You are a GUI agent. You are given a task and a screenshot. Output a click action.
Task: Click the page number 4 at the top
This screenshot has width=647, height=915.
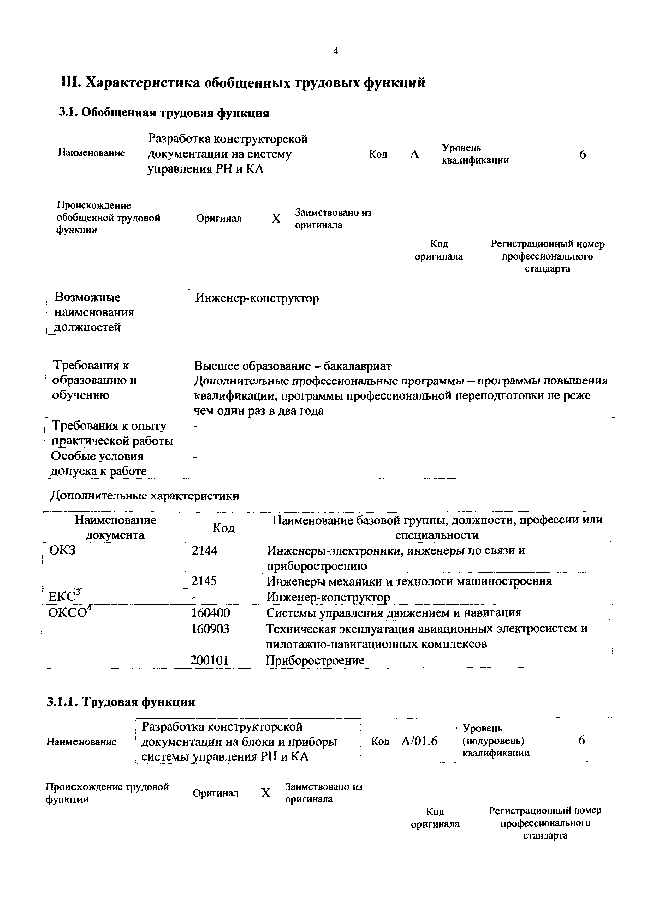(335, 51)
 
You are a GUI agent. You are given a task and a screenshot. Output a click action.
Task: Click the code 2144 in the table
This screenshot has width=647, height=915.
(205, 550)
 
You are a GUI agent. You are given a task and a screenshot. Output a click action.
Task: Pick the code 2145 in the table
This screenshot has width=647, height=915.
(205, 581)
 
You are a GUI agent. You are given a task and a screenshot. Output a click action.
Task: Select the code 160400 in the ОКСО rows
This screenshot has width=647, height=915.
(210, 612)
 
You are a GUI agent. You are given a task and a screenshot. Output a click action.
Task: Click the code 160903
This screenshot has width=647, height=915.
(210, 628)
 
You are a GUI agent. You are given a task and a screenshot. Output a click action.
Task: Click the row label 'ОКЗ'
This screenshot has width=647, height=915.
(62, 550)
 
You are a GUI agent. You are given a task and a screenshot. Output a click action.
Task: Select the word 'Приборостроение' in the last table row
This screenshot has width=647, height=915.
(315, 660)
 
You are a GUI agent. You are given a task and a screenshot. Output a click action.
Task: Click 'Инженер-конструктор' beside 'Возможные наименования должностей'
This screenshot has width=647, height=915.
(257, 298)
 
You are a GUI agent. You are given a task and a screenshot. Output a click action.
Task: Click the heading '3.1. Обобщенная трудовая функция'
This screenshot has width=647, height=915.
(164, 113)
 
